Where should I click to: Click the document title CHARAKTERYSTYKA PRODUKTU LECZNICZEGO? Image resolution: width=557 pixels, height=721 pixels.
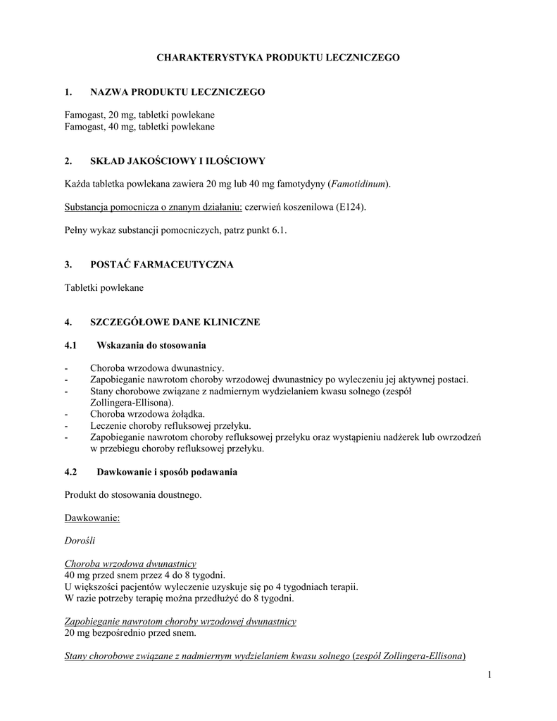[277, 57]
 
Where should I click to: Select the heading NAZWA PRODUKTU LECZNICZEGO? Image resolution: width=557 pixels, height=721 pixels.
[177, 92]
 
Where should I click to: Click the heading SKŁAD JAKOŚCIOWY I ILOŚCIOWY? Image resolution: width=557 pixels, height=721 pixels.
[178, 161]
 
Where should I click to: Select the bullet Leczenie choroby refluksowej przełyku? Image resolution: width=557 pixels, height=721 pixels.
[170, 425]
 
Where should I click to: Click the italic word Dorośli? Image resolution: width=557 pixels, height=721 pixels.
[80, 541]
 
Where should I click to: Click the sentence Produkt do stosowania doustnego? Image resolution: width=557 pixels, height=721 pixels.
[133, 494]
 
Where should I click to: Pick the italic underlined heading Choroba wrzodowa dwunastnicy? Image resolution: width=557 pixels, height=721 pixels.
[130, 564]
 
